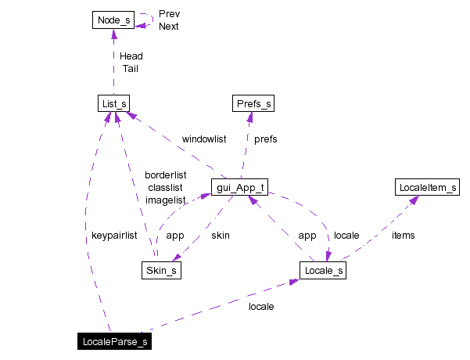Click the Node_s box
[113, 20]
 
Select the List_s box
[113, 103]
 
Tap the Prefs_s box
[254, 103]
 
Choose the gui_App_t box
[240, 188]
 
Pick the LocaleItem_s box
[428, 188]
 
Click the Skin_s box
[162, 271]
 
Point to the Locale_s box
[322, 271]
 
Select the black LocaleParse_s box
[113, 341]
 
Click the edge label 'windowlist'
[204, 139]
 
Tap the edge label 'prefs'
[266, 139]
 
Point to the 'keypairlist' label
[114, 235]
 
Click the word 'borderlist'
[166, 175]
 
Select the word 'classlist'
[165, 188]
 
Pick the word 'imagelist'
[166, 200]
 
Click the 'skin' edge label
[221, 235]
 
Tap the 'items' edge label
[404, 235]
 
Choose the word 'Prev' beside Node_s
[169, 14]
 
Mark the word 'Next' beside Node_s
[169, 27]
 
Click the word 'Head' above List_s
[131, 56]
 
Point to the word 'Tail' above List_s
[131, 69]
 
